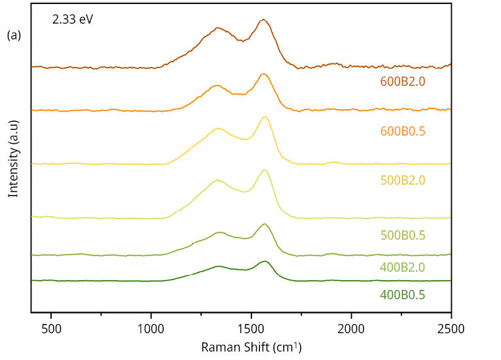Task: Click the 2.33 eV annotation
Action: click(x=73, y=20)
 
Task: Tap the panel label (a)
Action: click(x=14, y=35)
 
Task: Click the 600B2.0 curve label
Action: click(x=403, y=82)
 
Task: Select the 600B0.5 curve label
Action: click(x=403, y=132)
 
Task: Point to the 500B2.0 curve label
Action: click(x=403, y=181)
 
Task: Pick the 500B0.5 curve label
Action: click(x=403, y=235)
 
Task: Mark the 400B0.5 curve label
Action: click(x=403, y=295)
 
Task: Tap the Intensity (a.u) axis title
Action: click(x=13, y=158)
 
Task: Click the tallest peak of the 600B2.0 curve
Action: click(x=263, y=20)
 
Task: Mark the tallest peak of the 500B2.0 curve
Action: click(x=265, y=117)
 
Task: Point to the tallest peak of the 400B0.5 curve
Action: click(x=265, y=261)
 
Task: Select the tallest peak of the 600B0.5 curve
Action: click(x=263, y=74)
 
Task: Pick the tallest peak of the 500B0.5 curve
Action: click(x=265, y=170)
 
